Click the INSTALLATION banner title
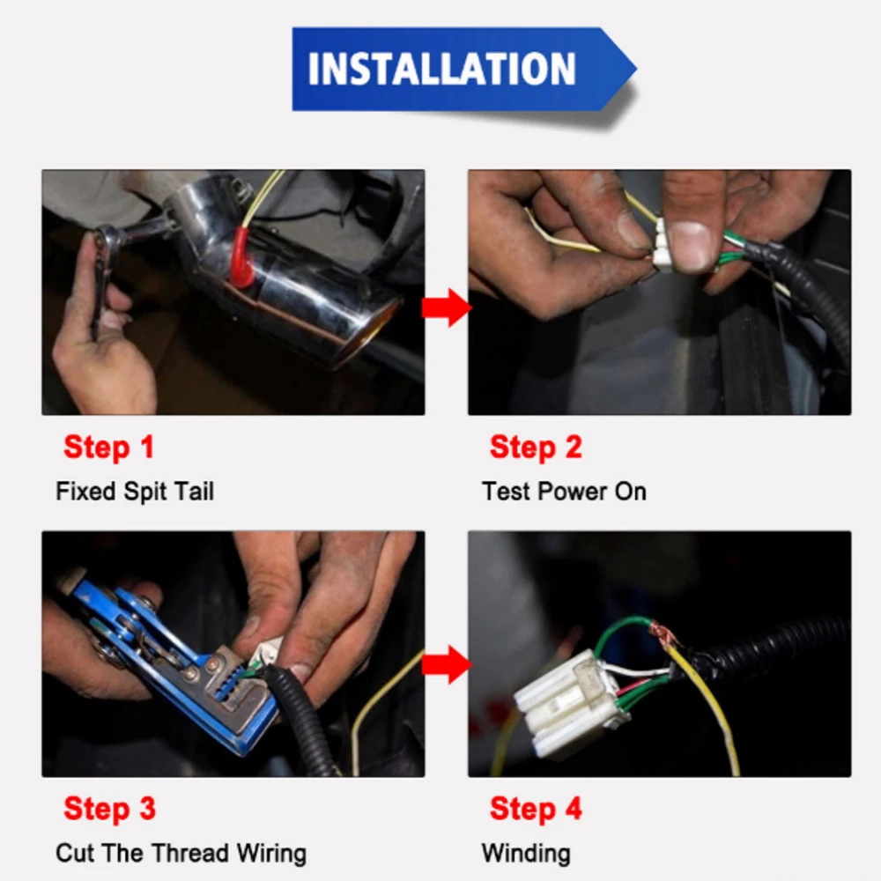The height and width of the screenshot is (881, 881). (441, 69)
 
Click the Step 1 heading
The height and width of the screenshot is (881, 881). (109, 448)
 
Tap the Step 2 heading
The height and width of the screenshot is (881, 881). (536, 448)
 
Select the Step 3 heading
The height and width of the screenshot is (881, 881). (109, 809)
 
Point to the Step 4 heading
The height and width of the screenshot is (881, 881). (536, 809)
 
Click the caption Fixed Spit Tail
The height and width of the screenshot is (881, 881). (135, 491)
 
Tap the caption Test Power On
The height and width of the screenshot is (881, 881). (564, 491)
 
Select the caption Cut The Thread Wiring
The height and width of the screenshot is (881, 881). (181, 853)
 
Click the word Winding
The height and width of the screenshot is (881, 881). (526, 854)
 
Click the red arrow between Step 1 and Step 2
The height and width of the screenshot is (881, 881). (447, 307)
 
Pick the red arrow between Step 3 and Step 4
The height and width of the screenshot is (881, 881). (447, 664)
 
